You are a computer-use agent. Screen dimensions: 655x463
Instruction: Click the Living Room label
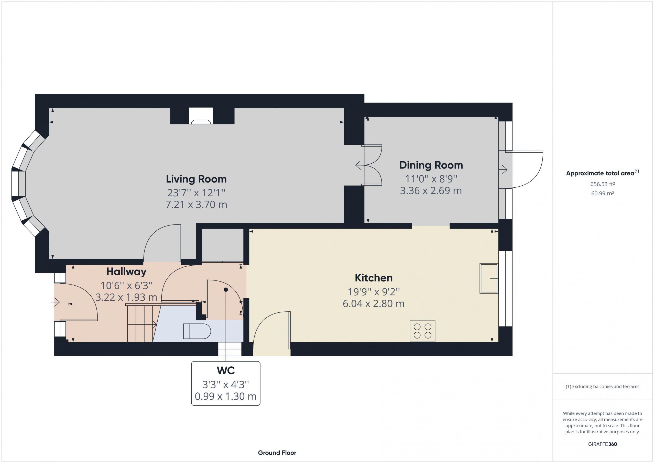tap(196, 179)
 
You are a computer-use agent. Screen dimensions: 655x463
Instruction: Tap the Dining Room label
tap(431, 165)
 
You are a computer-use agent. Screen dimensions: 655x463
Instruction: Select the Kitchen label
tap(374, 278)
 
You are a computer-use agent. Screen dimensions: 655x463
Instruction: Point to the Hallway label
tap(126, 272)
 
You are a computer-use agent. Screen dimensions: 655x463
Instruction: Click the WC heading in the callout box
tap(226, 370)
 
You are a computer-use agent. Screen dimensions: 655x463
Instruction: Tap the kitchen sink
tap(489, 278)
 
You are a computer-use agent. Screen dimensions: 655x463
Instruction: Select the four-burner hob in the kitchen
tap(422, 331)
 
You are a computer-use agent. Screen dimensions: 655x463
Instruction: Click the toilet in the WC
tap(197, 331)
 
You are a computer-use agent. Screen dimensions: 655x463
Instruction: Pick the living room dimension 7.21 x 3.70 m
tap(196, 205)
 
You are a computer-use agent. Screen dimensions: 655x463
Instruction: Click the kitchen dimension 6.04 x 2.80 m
tap(374, 304)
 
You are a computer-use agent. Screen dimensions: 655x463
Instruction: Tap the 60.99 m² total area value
tap(603, 193)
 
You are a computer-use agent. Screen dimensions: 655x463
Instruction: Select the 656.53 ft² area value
tap(603, 184)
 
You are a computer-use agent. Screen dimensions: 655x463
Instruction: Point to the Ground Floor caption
tap(277, 453)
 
